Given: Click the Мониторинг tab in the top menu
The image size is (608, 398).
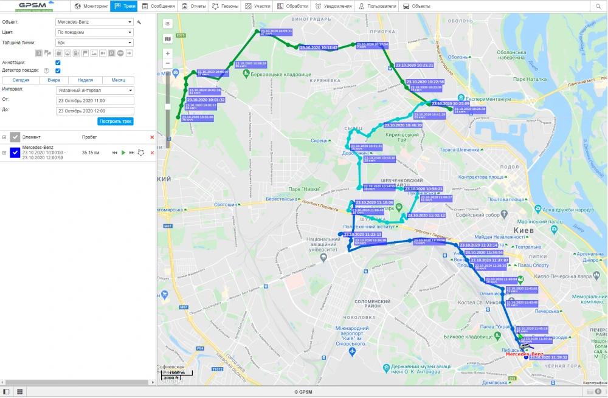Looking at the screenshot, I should coord(91,6).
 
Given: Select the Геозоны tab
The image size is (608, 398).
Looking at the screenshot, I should coord(224,6).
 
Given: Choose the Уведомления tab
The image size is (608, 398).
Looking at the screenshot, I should coord(334,6).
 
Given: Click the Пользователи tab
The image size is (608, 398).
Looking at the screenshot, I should coord(378,6).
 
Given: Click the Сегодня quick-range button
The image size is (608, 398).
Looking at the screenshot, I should coord(21,80).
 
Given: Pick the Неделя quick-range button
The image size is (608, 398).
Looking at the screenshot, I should coord(85,80).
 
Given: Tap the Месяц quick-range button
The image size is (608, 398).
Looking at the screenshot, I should coord(118,80).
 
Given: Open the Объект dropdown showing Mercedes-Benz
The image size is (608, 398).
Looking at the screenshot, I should coord(94,22).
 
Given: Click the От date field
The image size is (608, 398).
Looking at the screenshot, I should coord(94,100).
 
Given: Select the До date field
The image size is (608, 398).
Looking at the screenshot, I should coord(94,111).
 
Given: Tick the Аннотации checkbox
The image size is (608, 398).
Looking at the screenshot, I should coord(58,63).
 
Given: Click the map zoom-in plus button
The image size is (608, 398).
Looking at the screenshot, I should coord(168,53).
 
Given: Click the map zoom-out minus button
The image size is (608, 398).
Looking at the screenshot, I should coord(168,63).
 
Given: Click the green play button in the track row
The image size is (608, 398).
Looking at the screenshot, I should coord(123,153).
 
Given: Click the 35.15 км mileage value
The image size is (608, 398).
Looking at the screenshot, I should coord(91,153).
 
